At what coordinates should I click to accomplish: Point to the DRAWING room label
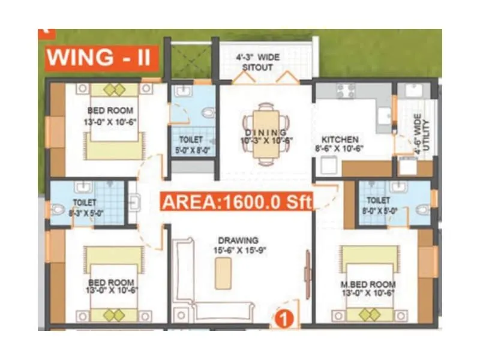[x=238, y=241]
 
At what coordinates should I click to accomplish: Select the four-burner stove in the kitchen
[x=346, y=91]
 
